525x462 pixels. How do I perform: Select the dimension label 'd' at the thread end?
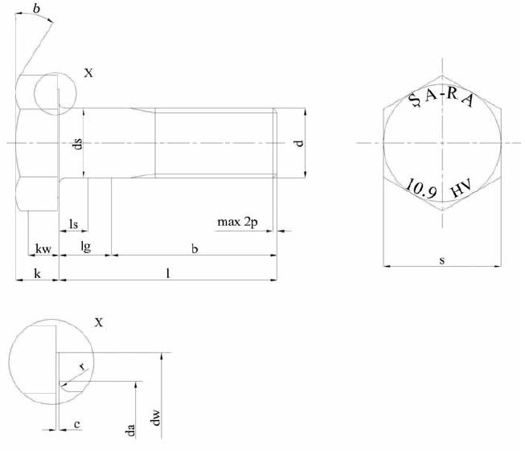click(298, 143)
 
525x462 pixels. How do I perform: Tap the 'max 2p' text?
click(237, 221)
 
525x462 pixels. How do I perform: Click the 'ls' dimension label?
click(73, 221)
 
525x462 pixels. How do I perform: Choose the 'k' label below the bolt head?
click(37, 274)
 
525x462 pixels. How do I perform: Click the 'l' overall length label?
click(167, 274)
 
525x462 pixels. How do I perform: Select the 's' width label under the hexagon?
click(442, 260)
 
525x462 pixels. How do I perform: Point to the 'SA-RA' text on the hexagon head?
click(441, 97)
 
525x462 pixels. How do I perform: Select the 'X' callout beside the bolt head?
click(89, 73)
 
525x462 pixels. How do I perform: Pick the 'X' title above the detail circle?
click(99, 322)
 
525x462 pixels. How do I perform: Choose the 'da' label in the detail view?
click(129, 431)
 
